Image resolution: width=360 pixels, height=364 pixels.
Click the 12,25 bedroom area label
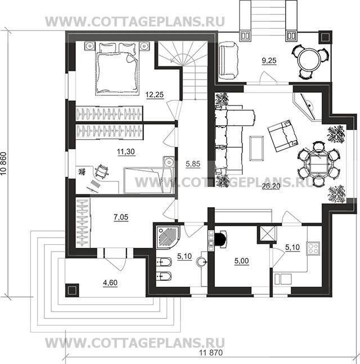155,94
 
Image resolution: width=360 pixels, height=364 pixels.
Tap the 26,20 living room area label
271,186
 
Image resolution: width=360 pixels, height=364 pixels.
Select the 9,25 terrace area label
269,61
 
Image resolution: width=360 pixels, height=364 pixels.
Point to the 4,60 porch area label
110,283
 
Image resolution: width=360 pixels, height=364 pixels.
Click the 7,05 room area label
121,217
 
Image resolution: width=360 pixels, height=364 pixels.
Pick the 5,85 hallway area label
193,164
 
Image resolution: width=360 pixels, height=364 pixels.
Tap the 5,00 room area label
241,261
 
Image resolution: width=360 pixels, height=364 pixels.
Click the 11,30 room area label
126,152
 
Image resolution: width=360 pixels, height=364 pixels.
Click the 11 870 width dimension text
211,353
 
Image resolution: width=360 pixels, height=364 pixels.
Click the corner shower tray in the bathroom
168,237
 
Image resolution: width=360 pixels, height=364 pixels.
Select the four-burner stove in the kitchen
313,248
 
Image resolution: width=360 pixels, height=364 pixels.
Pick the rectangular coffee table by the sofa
256,148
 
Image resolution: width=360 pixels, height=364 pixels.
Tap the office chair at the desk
101,172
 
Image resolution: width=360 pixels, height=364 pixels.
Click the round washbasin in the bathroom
201,262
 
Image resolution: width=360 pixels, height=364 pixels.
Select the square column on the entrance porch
72,290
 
